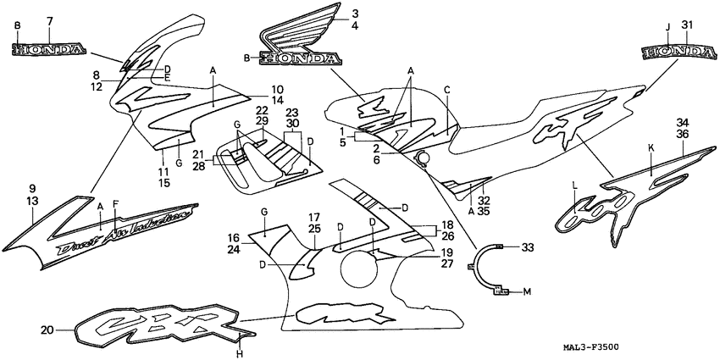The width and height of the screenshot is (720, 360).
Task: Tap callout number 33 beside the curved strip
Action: [x=528, y=247]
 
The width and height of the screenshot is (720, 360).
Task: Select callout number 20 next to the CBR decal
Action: [x=47, y=330]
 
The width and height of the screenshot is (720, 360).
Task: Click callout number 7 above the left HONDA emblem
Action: [x=50, y=20]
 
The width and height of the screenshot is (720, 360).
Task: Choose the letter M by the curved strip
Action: [x=527, y=292]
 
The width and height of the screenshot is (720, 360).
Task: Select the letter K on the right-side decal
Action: [x=651, y=147]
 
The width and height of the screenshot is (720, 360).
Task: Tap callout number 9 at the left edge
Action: [x=32, y=188]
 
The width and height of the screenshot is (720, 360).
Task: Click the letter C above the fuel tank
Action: [x=446, y=89]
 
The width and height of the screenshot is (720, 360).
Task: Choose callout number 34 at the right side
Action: [x=681, y=122]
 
